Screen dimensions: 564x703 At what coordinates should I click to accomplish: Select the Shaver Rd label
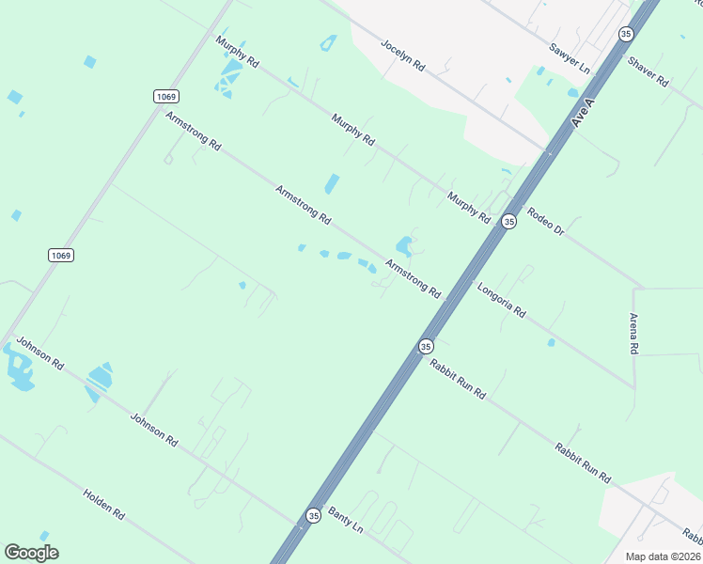click(x=648, y=72)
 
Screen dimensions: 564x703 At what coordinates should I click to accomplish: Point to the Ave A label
click(x=585, y=111)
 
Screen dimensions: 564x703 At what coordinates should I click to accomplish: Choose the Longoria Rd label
click(x=501, y=301)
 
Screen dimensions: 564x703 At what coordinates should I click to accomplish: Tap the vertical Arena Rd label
click(x=634, y=333)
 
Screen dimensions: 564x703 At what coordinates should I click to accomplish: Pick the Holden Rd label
click(x=103, y=505)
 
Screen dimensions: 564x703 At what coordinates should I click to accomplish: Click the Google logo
click(x=32, y=553)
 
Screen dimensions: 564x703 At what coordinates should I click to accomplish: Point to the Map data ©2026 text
click(x=662, y=556)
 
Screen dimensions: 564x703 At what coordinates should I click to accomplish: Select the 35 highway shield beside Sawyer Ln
click(x=626, y=34)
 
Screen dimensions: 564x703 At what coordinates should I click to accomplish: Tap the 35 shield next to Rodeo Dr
click(x=508, y=221)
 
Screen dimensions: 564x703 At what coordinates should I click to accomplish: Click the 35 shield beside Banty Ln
click(x=313, y=515)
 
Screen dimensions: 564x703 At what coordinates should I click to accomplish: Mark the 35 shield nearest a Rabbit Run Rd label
click(x=426, y=346)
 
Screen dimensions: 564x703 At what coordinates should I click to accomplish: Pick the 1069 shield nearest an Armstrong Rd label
click(x=166, y=96)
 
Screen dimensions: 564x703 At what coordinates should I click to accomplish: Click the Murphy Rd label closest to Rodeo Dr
click(x=469, y=208)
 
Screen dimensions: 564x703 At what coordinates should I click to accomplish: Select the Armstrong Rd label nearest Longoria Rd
click(x=414, y=279)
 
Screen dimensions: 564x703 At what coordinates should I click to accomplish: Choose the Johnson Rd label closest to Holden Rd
click(x=154, y=430)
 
